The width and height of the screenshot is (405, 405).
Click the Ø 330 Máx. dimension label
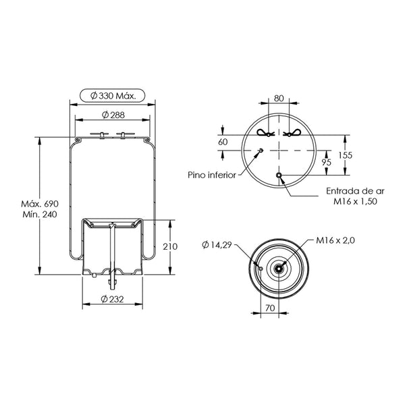coord(113,96)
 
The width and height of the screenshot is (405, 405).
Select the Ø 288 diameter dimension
coord(113,115)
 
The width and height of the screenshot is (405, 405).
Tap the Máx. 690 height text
coord(40,204)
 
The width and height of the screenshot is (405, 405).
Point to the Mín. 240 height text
coord(40,215)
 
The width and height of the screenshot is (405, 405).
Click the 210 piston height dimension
coord(170,246)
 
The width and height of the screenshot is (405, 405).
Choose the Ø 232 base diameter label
coord(112,299)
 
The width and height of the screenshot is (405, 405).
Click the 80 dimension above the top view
coord(279,99)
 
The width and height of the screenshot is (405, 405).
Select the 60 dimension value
coord(223,142)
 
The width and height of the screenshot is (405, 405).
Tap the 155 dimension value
coord(346,155)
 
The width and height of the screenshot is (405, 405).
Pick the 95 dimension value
coord(327,163)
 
